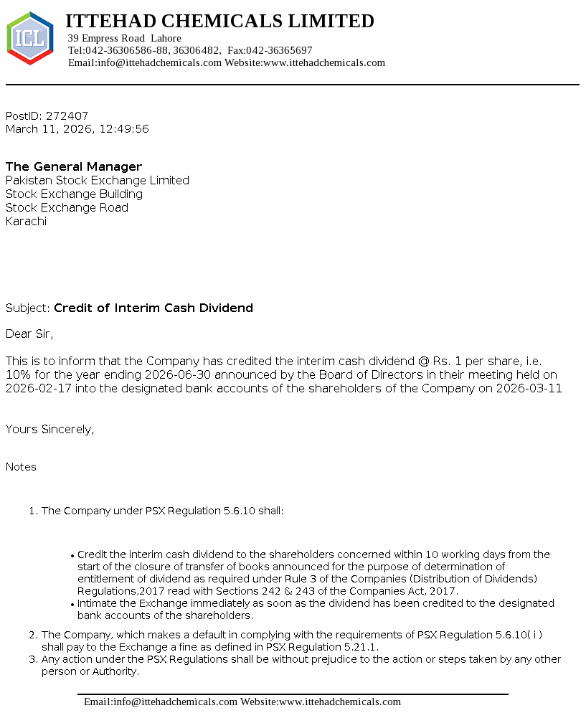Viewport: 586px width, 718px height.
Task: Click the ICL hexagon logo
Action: click(29, 39)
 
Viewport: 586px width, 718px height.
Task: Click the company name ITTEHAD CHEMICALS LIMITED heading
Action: click(219, 22)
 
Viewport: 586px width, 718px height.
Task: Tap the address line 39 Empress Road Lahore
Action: click(124, 38)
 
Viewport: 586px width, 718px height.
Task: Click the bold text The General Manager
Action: click(74, 166)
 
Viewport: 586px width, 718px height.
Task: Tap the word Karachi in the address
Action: click(26, 221)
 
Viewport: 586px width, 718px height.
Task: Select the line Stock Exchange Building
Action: click(74, 194)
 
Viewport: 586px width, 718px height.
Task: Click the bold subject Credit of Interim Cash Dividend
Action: click(153, 308)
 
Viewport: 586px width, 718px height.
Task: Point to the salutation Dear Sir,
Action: click(29, 334)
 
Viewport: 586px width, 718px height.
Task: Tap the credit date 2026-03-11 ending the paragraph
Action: click(532, 388)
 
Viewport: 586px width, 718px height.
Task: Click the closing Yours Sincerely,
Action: click(49, 429)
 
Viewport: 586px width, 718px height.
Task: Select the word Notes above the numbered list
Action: click(21, 466)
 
